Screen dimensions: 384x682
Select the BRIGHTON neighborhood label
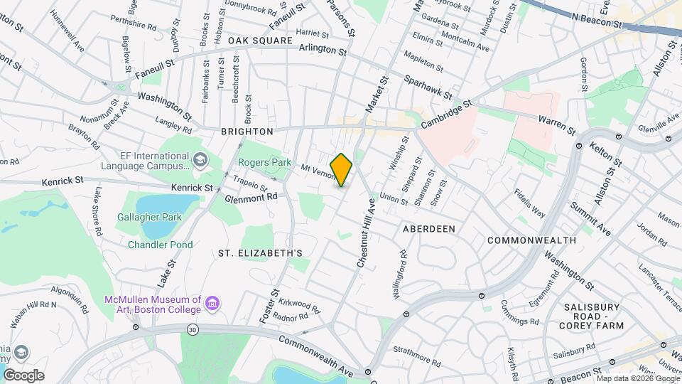click(x=247, y=132)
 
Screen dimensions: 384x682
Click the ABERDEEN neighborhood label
click(x=428, y=229)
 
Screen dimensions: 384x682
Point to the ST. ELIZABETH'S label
click(x=260, y=253)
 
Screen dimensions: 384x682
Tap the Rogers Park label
click(x=264, y=163)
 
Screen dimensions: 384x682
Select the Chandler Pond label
click(x=160, y=245)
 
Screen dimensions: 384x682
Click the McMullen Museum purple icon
click(x=212, y=305)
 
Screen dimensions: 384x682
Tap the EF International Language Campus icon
click(x=200, y=158)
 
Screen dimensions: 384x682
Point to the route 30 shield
click(x=193, y=329)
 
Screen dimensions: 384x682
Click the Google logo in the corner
click(x=23, y=375)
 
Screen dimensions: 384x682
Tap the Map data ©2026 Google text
click(x=638, y=378)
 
